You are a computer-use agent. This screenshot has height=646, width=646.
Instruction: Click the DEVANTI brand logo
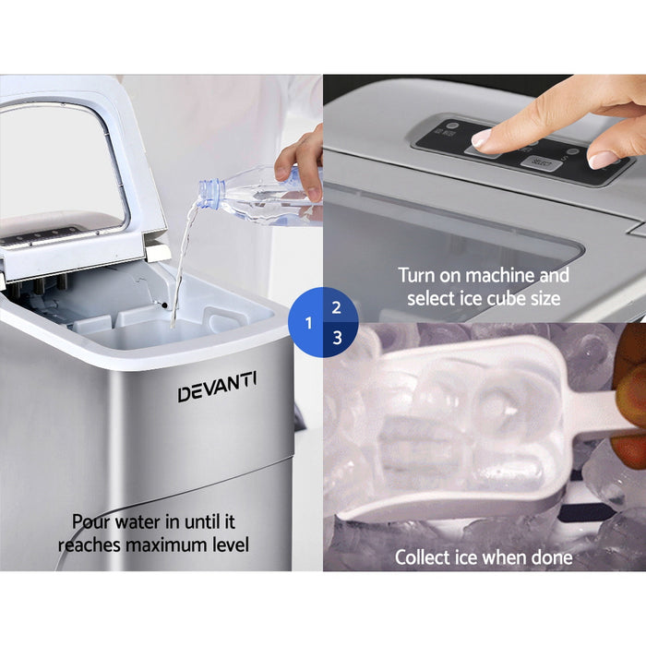tap(218, 388)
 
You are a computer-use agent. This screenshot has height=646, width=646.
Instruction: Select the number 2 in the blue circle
tap(337, 308)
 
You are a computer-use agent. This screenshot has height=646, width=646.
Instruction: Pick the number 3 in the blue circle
tap(337, 338)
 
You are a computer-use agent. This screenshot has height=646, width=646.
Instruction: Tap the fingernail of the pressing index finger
tap(482, 138)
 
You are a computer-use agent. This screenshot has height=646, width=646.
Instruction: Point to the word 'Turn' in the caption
tap(417, 275)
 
